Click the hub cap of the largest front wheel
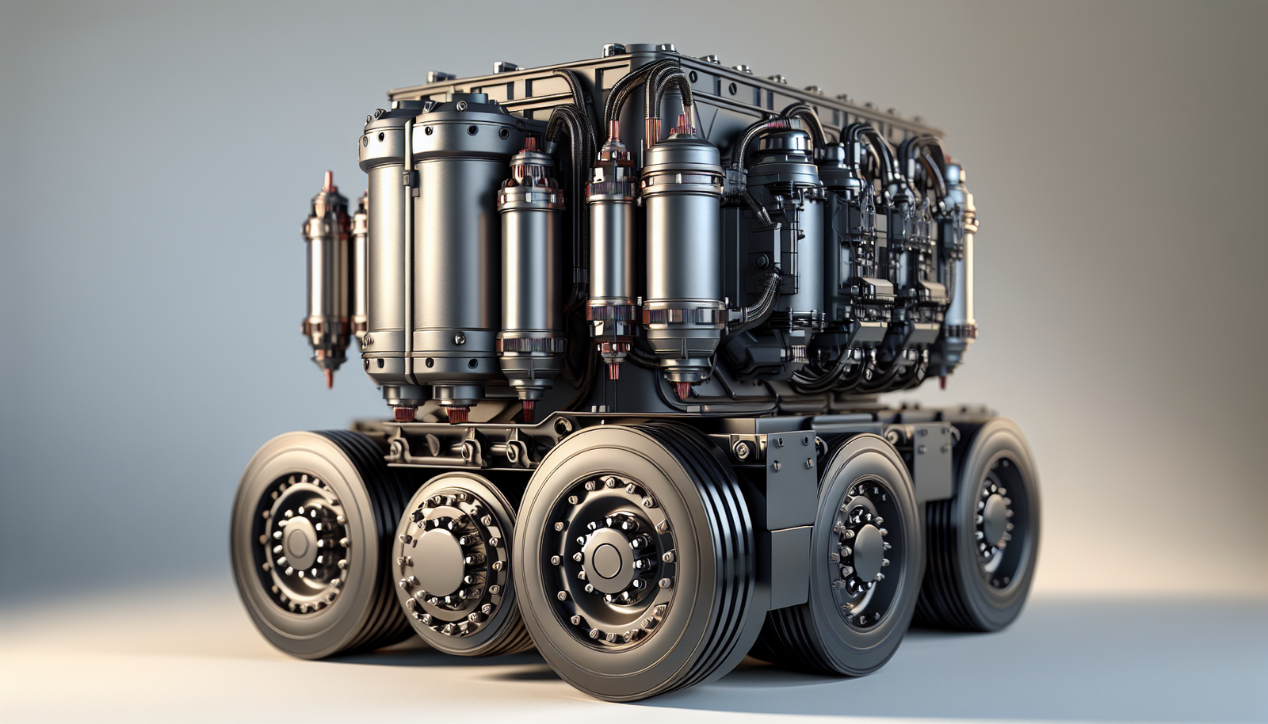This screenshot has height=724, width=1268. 607,559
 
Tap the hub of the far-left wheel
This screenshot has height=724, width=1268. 300,543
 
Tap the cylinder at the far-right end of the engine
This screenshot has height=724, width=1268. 959,253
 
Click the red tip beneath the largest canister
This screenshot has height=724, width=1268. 457,413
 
